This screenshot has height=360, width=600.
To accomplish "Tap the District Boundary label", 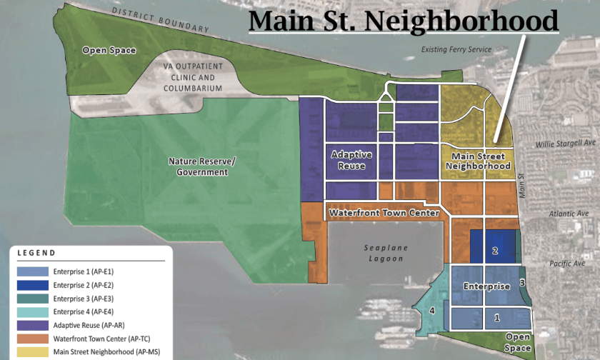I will (x=161, y=21).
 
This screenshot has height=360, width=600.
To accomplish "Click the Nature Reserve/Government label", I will (x=201, y=166).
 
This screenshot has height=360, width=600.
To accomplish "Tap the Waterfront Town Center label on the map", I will (x=383, y=213).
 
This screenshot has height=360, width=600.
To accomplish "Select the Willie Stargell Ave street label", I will (x=565, y=144).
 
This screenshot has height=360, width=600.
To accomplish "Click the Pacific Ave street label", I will (x=568, y=264).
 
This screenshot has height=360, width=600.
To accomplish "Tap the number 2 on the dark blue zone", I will (x=494, y=251).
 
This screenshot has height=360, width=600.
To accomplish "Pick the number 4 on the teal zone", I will (x=431, y=311).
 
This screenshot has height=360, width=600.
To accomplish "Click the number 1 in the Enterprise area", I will (x=497, y=316).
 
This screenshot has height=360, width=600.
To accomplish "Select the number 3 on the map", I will (x=522, y=283).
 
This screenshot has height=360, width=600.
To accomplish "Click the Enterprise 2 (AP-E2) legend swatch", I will (x=31, y=285).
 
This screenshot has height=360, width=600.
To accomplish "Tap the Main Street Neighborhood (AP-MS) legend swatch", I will (x=31, y=351).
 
